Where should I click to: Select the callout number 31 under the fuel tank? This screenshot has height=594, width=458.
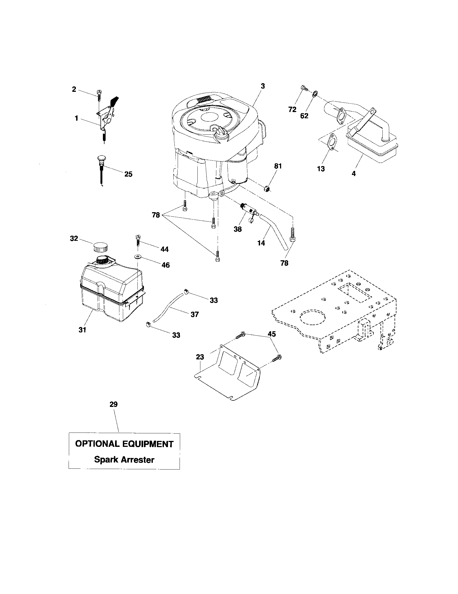(x=82, y=330)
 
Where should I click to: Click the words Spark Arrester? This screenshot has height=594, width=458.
(x=124, y=460)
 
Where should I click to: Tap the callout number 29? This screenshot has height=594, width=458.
(x=114, y=412)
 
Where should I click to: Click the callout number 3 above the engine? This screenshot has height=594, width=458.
(x=262, y=86)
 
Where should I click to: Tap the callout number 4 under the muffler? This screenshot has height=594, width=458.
(x=353, y=173)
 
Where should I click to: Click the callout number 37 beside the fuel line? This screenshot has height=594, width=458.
(x=195, y=314)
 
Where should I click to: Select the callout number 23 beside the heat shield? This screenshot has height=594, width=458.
(x=200, y=357)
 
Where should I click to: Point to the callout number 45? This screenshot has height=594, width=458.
(x=272, y=334)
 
